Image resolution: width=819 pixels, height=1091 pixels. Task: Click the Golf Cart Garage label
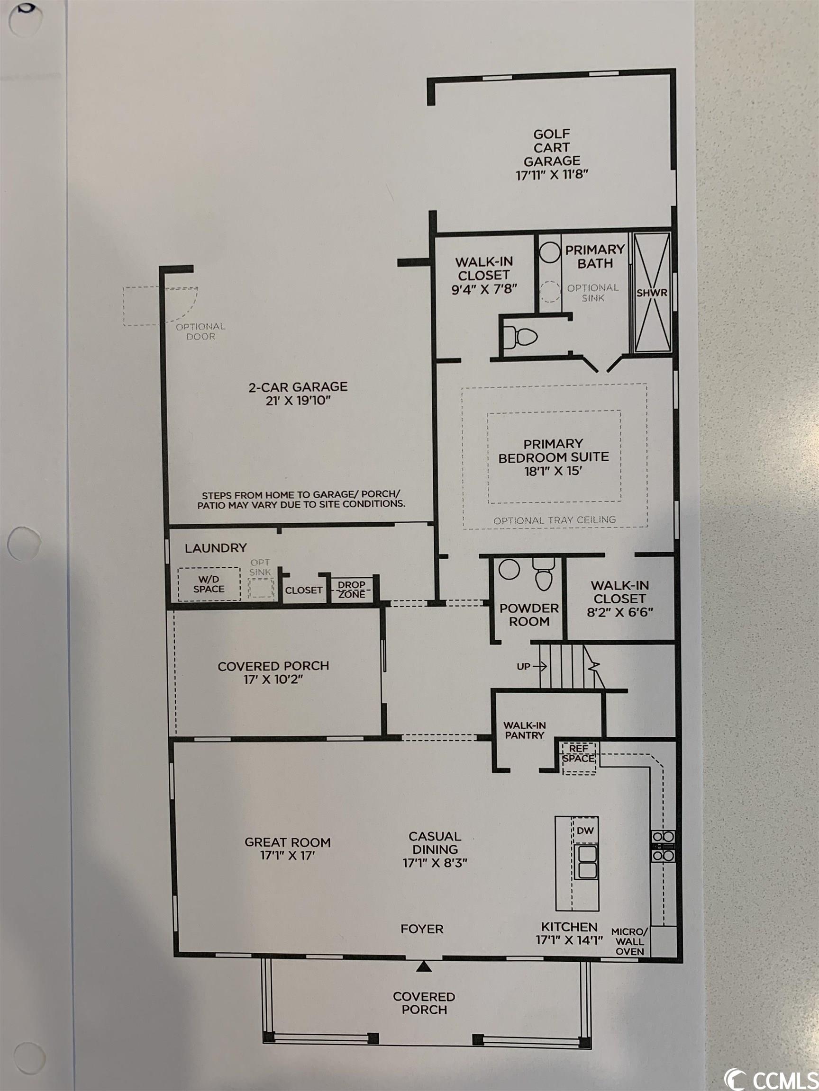(x=552, y=154)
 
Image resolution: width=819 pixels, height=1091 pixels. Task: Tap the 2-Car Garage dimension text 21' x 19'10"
(x=298, y=400)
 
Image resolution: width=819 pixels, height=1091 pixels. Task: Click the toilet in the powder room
(x=544, y=574)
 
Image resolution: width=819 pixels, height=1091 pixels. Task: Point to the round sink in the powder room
(x=509, y=569)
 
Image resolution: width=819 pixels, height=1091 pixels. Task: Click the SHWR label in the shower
(x=652, y=293)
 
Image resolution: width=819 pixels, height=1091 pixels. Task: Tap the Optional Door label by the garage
(x=200, y=331)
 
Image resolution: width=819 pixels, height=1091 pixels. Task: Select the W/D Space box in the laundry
(x=209, y=584)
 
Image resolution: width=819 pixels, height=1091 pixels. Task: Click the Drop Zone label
(x=352, y=590)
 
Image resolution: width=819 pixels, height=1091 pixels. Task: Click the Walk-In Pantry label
(x=524, y=730)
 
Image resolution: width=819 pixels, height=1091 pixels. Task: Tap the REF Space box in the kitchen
(x=579, y=758)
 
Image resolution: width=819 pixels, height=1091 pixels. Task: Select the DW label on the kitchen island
(x=585, y=831)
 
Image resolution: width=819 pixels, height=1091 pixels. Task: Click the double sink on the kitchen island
(x=587, y=861)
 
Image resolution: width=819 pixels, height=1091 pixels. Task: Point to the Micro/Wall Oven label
(x=629, y=941)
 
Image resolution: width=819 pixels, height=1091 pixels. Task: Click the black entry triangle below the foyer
(x=424, y=966)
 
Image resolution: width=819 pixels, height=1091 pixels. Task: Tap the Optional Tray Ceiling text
(x=555, y=520)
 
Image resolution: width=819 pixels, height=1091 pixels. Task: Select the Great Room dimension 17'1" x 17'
(x=287, y=855)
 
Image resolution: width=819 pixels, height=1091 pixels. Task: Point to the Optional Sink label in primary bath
(x=592, y=293)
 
